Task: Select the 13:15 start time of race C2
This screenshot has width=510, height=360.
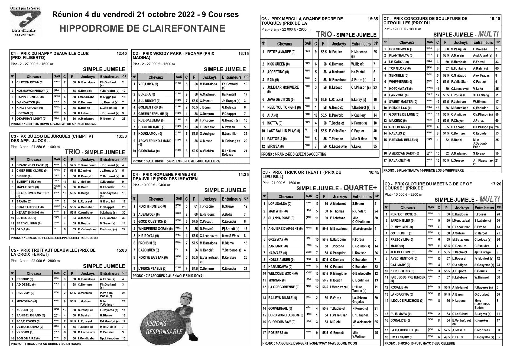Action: (x=243, y=54)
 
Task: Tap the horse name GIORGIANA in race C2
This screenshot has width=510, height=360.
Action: (x=149, y=151)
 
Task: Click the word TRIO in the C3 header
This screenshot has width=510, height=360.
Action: (x=73, y=152)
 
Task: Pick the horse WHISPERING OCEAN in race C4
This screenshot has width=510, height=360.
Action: (x=155, y=229)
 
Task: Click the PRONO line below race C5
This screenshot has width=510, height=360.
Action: (x=46, y=344)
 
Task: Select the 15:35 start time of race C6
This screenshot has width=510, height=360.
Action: (x=372, y=19)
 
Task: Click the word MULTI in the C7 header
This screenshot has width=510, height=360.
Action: (x=488, y=34)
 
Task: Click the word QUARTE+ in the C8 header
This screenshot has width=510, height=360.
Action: (x=360, y=188)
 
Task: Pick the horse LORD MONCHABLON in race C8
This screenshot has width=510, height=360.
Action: (x=285, y=315)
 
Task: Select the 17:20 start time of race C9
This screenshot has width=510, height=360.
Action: (x=496, y=184)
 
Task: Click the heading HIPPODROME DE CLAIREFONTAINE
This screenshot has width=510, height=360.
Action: (x=142, y=28)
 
